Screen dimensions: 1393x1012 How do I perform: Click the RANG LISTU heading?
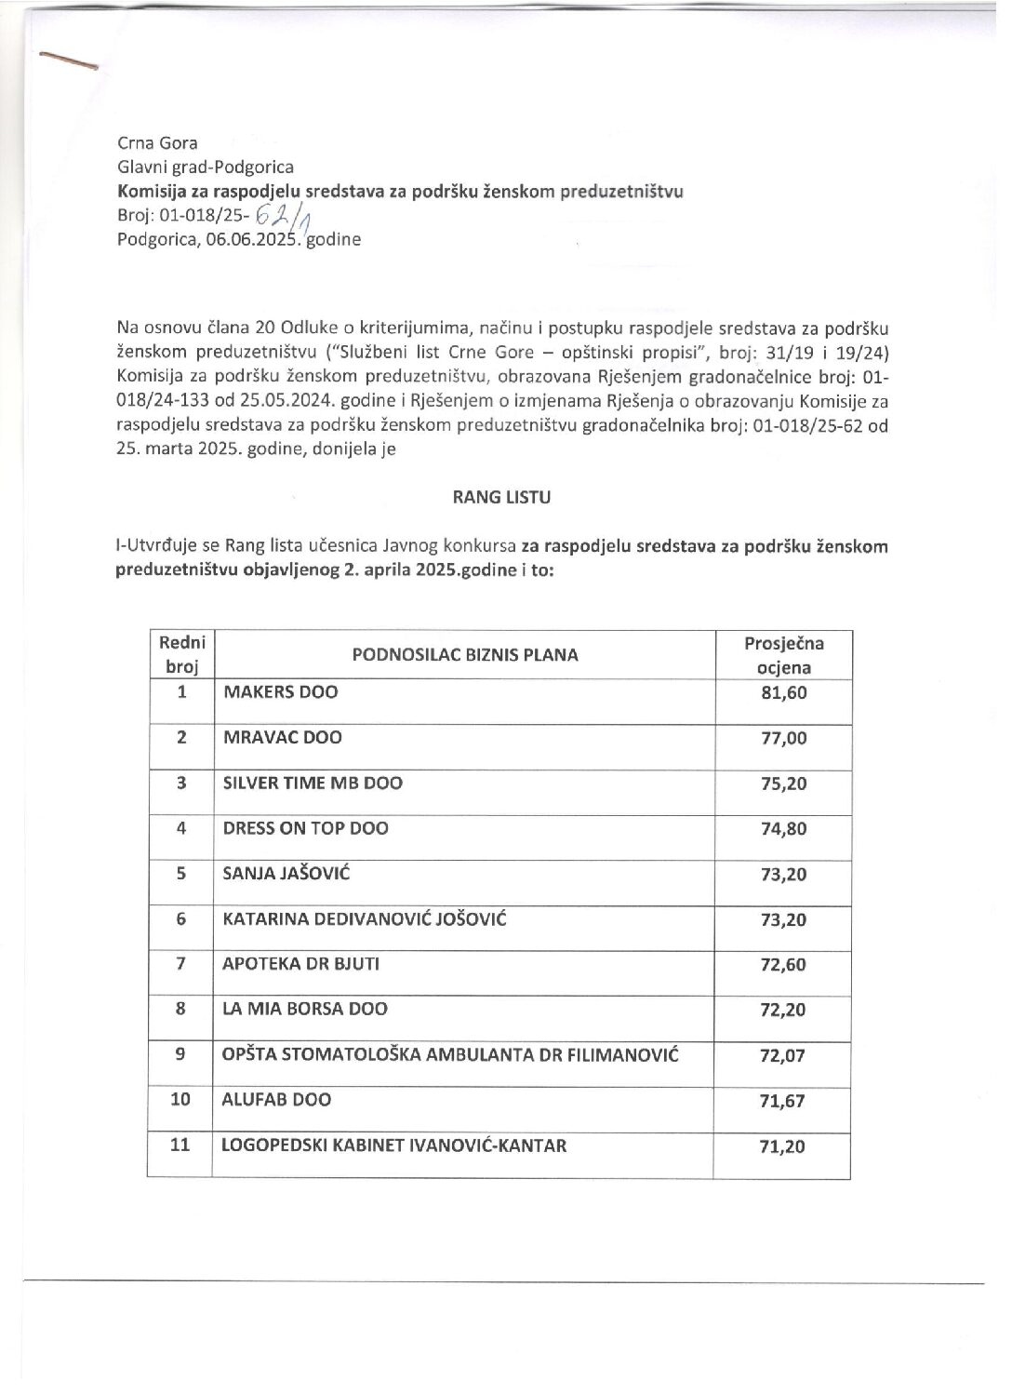pos(501,498)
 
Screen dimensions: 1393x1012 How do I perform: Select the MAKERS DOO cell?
pos(280,692)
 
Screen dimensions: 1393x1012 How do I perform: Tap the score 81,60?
pos(783,693)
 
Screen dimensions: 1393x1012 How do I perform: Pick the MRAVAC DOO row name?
pos(282,738)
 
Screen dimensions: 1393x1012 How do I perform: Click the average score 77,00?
pos(783,739)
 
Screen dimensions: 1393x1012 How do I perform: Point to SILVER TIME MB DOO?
pos(313,784)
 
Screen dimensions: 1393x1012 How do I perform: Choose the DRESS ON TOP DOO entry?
pos(305,828)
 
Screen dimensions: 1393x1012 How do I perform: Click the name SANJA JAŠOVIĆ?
pos(286,874)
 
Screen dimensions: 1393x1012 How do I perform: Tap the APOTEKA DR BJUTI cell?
pos(300,964)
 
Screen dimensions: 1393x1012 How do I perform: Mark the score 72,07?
pos(782,1056)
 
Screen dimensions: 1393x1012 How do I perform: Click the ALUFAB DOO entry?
pos(276,1100)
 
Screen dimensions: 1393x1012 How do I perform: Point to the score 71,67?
pos(782,1102)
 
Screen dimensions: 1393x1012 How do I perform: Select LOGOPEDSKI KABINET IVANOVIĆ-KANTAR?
pos(393,1145)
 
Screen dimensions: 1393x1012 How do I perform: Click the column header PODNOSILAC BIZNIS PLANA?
pos(465,655)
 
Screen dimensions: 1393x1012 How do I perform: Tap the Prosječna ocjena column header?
pos(783,655)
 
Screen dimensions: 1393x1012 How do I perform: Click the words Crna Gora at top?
pos(157,143)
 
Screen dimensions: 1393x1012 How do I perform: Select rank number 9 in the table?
pos(180,1054)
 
